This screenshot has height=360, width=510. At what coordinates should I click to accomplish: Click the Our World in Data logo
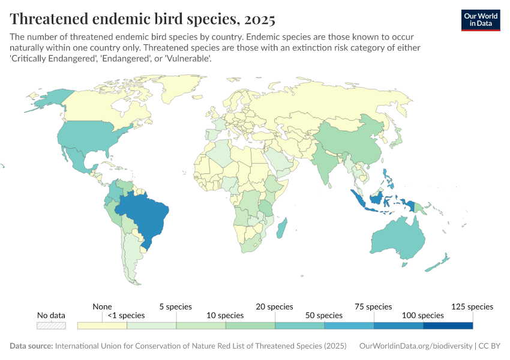point(480,19)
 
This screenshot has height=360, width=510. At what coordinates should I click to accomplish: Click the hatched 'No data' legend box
point(51,326)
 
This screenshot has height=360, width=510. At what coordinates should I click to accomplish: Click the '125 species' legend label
point(473,307)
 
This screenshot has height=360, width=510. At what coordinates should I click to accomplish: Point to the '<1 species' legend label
point(127,316)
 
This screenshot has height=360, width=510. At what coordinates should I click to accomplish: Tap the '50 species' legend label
point(324,316)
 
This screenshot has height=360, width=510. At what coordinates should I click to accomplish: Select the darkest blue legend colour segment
point(448,326)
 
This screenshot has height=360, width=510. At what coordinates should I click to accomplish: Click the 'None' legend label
point(103,307)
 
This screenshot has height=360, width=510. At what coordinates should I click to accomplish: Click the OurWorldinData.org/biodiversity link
point(415,346)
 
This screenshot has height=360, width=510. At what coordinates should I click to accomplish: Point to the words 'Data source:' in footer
point(31,346)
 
